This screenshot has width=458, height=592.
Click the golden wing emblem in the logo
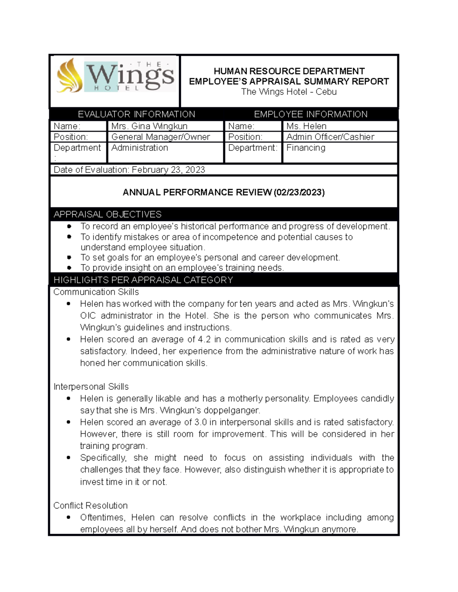click(x=69, y=76)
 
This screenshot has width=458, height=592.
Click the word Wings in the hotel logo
click(x=130, y=76)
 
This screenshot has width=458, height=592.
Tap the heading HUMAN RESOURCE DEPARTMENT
click(x=289, y=71)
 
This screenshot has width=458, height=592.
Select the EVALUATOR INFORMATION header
click(x=136, y=114)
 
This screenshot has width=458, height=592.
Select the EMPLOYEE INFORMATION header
click(x=311, y=114)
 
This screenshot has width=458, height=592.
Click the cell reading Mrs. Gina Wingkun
click(x=149, y=126)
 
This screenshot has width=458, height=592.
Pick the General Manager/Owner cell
click(x=160, y=137)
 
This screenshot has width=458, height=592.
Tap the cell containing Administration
click(x=140, y=148)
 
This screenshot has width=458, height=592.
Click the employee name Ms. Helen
click(x=306, y=126)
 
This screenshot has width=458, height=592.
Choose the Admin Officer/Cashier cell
click(x=330, y=137)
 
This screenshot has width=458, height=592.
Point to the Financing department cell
click(x=306, y=148)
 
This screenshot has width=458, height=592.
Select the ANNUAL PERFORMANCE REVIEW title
click(x=224, y=193)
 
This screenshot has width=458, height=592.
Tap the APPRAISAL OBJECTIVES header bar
click(x=108, y=214)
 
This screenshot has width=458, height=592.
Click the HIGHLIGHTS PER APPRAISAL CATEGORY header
click(x=143, y=280)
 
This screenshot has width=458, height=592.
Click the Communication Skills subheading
click(x=96, y=292)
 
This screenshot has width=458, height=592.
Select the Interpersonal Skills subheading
click(x=91, y=387)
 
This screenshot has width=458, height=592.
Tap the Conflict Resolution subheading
click(x=90, y=505)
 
